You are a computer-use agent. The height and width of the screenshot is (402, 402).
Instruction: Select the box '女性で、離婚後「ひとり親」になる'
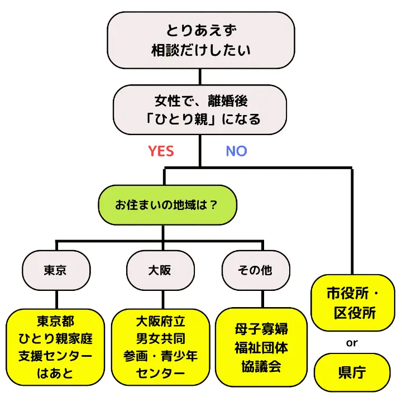[x=200, y=109]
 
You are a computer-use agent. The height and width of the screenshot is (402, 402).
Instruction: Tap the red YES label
[x=161, y=151]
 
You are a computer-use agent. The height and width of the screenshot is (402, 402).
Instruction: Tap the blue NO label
[x=236, y=151]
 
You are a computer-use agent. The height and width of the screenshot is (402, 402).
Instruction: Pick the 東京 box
[x=55, y=271]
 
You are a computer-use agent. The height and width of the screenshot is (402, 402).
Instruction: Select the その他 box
[x=255, y=271]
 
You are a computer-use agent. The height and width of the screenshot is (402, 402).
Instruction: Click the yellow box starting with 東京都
[x=55, y=347]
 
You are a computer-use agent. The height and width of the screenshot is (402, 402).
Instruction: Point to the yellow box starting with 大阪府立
[x=160, y=347]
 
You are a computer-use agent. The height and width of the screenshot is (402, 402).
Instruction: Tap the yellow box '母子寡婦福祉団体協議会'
[x=261, y=347]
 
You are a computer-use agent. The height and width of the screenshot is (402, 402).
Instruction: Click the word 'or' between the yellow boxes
[x=352, y=343]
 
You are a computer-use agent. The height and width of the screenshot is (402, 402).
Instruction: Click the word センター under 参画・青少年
[x=160, y=371]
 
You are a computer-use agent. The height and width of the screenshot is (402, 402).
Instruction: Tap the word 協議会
[x=261, y=366]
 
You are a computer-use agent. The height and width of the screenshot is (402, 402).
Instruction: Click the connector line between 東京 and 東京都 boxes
[x=55, y=297]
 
